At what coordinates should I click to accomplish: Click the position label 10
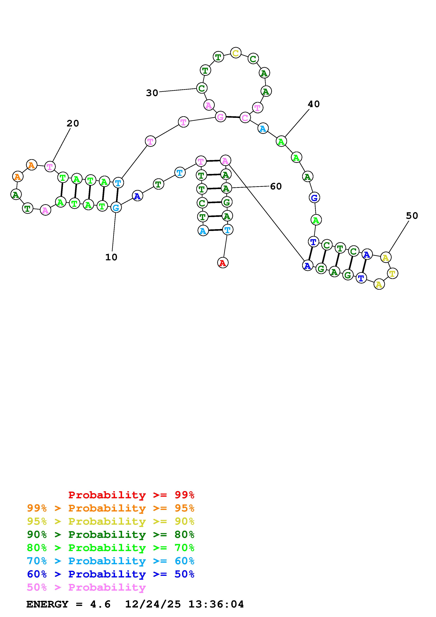pyautogui.click(x=111, y=257)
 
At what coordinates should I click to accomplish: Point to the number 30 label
pyautogui.click(x=152, y=93)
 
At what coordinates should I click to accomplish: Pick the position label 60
pyautogui.click(x=276, y=186)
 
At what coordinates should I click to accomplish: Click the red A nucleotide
pyautogui.click(x=222, y=263)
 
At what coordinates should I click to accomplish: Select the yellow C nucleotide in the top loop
pyautogui.click(x=236, y=53)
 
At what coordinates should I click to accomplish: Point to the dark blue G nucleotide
pyautogui.click(x=314, y=198)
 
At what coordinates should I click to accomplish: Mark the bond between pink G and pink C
pyautogui.click(x=233, y=117)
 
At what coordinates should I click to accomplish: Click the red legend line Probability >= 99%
pyautogui.click(x=131, y=495)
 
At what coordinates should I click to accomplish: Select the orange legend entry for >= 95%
pyautogui.click(x=111, y=508)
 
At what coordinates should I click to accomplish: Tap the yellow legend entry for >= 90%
pyautogui.click(x=111, y=521)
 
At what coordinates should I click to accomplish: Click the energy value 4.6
pyautogui.click(x=100, y=604)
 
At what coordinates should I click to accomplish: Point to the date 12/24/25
pyautogui.click(x=153, y=604)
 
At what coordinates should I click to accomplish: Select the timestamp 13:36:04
pyautogui.click(x=216, y=604)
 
